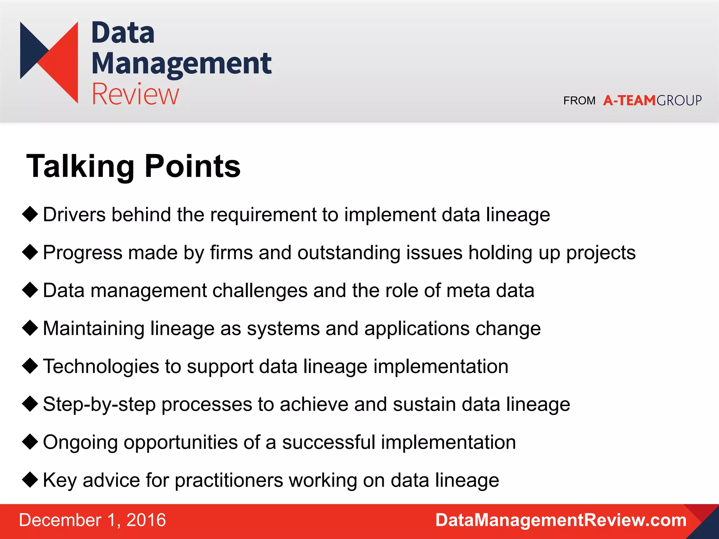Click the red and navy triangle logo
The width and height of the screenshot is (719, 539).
[x=49, y=62]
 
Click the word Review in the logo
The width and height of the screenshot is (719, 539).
[x=135, y=94]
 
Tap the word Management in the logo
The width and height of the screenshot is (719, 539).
[x=181, y=64]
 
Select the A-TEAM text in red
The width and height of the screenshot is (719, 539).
[x=629, y=101]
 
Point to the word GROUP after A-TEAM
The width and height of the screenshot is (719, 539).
[x=679, y=101]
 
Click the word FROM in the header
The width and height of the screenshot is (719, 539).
[x=579, y=101]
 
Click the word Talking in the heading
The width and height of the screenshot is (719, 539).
[x=80, y=166]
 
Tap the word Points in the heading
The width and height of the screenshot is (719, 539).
[x=192, y=166]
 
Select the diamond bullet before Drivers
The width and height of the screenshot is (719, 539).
[x=30, y=214]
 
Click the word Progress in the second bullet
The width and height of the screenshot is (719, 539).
[x=83, y=253]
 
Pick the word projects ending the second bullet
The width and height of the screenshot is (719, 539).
[x=601, y=253]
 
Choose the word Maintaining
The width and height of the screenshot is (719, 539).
[x=93, y=329]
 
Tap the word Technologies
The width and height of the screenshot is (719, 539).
[x=101, y=367]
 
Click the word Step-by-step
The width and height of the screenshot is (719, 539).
[x=99, y=405]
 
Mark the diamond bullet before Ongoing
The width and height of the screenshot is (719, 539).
[x=30, y=442]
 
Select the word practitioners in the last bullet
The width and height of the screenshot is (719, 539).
[x=229, y=480]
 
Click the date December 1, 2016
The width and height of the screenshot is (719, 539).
[x=92, y=520]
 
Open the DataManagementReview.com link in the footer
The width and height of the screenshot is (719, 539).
[x=561, y=520]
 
